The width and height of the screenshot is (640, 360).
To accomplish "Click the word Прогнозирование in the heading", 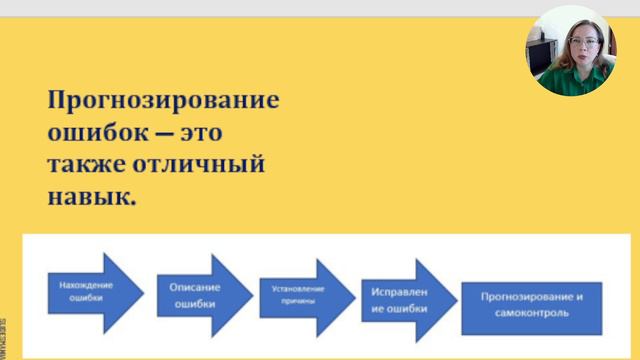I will point(164,101).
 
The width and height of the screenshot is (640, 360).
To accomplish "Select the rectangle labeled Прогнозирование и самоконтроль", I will point(531,305).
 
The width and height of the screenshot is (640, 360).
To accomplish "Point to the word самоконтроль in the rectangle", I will point(531,314).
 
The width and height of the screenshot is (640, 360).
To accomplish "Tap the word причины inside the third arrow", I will point(293,299).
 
